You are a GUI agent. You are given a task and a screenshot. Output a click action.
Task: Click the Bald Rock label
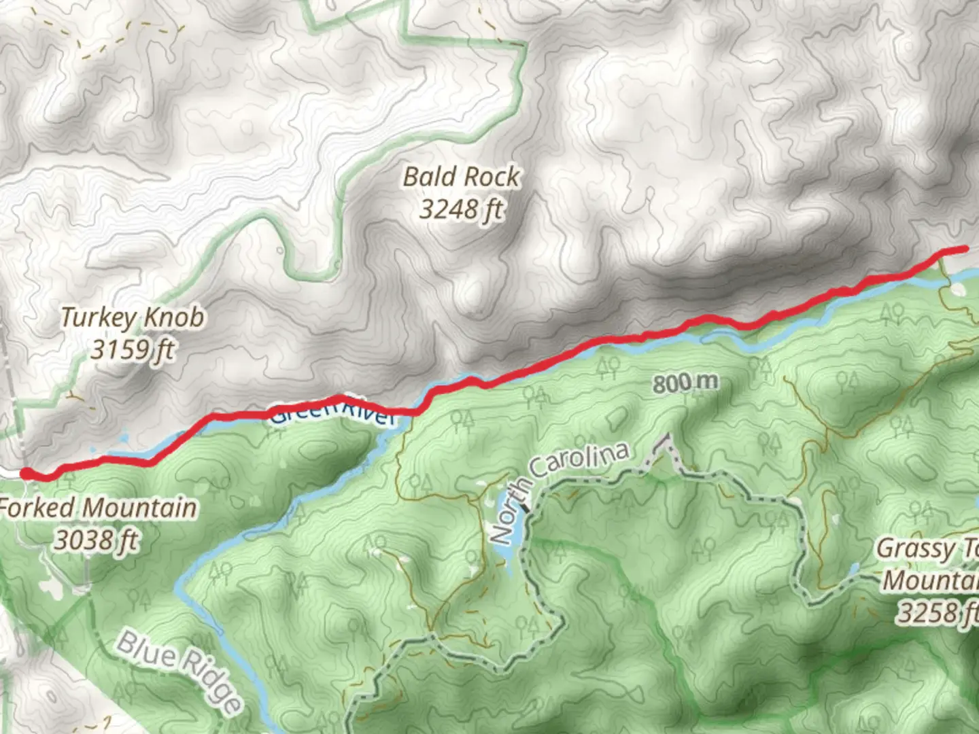tap(462, 177)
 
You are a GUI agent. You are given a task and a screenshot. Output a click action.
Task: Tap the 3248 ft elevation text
tap(462, 209)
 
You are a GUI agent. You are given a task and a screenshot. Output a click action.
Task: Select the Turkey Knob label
tap(133, 317)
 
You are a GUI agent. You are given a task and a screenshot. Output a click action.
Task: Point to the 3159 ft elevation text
tap(133, 349)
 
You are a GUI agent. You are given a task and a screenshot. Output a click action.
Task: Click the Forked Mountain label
tap(99, 508)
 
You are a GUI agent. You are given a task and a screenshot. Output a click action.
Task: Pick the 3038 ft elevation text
tap(97, 540)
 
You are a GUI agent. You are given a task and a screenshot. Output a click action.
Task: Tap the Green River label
tap(332, 414)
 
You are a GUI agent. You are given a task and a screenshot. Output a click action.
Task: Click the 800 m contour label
tap(685, 383)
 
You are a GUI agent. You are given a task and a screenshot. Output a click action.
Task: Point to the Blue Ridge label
tap(179, 672)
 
